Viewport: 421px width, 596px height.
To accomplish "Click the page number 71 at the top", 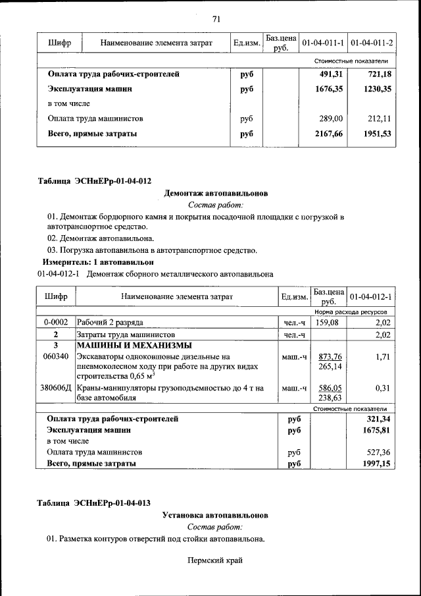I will tap(216, 18).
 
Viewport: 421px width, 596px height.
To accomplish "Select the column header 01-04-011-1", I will tap(322, 43).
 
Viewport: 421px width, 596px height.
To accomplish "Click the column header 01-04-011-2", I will tap(372, 43).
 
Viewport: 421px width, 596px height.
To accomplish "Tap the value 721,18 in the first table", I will tap(380, 74).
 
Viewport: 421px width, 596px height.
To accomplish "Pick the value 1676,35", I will tap(329, 89).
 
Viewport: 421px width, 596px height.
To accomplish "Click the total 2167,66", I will tap(329, 134).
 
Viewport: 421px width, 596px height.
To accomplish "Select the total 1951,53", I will tap(378, 134).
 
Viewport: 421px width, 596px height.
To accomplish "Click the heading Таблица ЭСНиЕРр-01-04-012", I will tap(93, 180).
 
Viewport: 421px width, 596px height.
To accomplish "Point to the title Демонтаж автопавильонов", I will tap(216, 194).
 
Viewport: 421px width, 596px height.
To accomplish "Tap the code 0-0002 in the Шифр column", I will tap(56, 323).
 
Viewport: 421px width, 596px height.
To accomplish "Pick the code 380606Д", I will tap(56, 389).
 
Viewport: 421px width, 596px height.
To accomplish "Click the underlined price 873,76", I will tap(329, 356).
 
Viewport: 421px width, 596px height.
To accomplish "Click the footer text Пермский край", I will tap(215, 560).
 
